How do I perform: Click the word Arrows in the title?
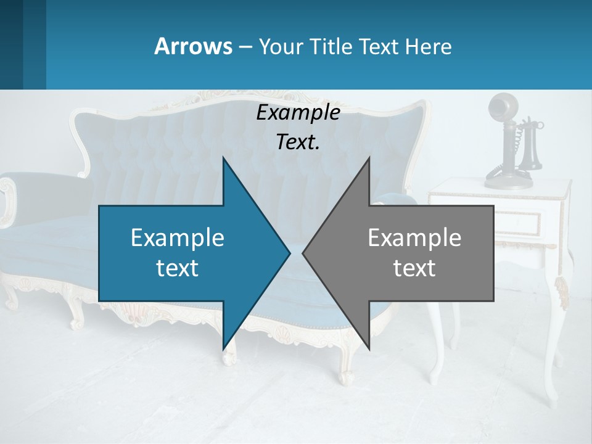point(192,46)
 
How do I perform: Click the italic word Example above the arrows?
point(298,113)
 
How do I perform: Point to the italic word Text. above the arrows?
point(298,142)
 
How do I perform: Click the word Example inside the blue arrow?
point(178,238)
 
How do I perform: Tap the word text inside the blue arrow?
point(178,268)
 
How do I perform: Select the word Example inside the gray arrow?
point(414,238)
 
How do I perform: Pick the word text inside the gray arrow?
point(414,268)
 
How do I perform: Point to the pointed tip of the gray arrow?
point(305,253)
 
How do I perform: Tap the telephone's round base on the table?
point(509,181)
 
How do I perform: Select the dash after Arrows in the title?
point(244,47)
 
